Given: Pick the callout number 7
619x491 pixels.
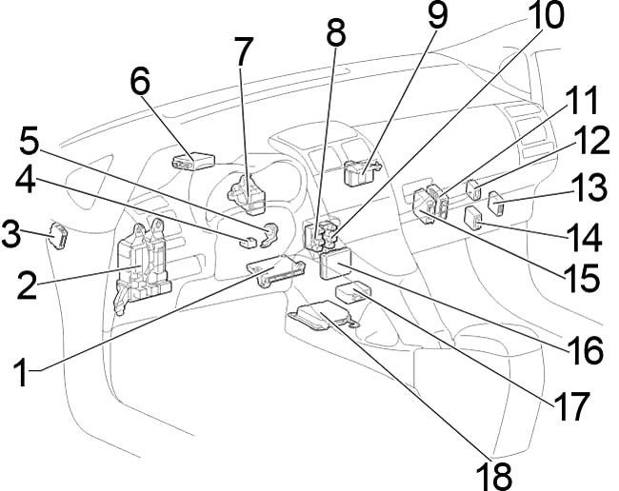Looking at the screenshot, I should tap(247, 52).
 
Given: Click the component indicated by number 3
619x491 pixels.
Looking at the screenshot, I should tap(61, 234).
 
